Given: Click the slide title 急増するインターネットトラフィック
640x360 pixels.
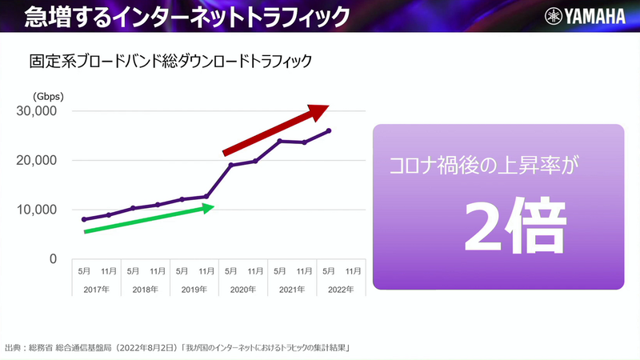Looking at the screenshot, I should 175,16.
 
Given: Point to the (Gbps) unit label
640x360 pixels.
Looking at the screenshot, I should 48,96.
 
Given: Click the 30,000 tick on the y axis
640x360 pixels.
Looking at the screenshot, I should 37,111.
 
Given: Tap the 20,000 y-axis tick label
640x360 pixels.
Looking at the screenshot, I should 37,161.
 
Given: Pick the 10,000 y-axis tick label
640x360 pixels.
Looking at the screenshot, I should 37,210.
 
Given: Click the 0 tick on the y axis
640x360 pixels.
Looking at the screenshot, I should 53,259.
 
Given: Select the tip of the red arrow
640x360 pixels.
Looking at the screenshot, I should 328,107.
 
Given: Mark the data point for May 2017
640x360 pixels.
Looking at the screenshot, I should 84,219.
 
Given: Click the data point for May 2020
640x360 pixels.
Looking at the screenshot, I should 231,165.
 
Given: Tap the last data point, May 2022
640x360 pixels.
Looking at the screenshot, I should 330,130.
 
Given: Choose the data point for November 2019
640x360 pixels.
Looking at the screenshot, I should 206,196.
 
